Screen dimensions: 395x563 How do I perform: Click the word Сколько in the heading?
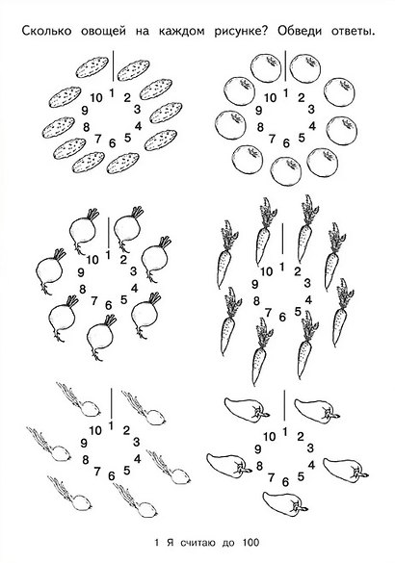(x=46, y=31)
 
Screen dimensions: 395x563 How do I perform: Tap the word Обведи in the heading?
(x=300, y=31)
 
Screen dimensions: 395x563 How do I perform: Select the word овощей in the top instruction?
(x=103, y=32)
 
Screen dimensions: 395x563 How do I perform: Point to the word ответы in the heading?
(x=353, y=32)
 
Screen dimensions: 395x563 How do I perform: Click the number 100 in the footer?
(x=250, y=542)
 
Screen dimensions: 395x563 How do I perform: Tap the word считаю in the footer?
(x=197, y=542)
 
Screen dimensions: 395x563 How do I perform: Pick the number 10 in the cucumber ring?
(x=96, y=97)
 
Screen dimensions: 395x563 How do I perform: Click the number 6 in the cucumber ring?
(x=113, y=143)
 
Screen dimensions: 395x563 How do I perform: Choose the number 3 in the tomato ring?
(x=311, y=109)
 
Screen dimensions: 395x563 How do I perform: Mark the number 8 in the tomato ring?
(x=260, y=127)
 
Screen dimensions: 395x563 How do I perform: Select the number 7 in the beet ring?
(x=94, y=301)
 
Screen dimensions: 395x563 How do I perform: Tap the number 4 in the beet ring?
(x=135, y=288)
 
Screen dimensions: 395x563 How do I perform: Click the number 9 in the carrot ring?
(x=255, y=284)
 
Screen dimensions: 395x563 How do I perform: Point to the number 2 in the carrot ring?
(x=298, y=271)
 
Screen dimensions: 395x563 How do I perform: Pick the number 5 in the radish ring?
(x=126, y=470)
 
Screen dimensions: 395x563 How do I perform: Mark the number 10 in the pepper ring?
(x=269, y=437)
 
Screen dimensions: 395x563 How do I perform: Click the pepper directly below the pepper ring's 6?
(x=285, y=501)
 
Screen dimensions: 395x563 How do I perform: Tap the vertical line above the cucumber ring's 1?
(x=114, y=66)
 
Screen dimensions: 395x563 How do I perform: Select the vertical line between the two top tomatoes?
(x=285, y=66)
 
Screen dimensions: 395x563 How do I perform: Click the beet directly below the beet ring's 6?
(x=101, y=337)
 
